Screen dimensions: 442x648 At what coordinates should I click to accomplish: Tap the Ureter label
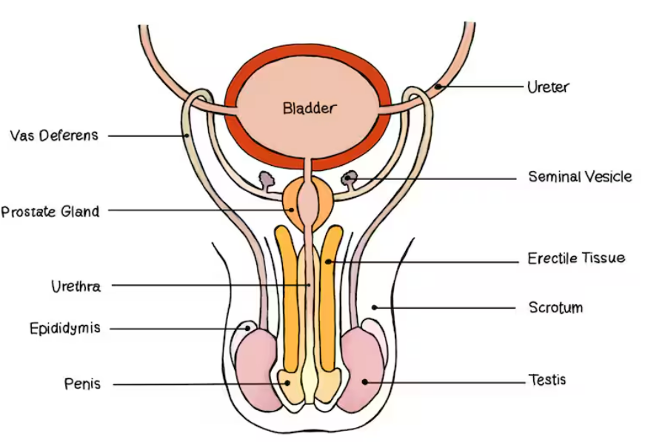click(x=548, y=87)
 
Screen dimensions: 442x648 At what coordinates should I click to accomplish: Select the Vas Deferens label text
click(x=54, y=135)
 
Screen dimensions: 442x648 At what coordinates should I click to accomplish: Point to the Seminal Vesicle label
click(x=580, y=177)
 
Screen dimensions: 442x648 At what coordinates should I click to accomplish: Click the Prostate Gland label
click(x=50, y=212)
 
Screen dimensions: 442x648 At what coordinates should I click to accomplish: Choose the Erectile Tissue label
click(x=576, y=258)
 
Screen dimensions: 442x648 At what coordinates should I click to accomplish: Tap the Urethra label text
click(x=76, y=287)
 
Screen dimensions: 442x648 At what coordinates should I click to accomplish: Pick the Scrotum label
click(x=555, y=307)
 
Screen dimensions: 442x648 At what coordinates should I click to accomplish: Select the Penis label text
click(x=82, y=384)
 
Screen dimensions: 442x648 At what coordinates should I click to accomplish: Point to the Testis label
click(x=548, y=380)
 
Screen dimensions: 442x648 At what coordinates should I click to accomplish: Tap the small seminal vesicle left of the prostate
click(x=264, y=179)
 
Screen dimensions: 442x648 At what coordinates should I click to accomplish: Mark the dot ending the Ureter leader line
click(x=439, y=87)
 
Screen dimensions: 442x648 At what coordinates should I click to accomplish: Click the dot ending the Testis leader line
click(x=364, y=382)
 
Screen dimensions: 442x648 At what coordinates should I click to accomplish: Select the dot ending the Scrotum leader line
click(x=375, y=307)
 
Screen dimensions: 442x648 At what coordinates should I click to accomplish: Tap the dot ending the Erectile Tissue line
click(x=327, y=261)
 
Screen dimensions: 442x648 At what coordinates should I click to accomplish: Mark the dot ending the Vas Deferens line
click(x=188, y=135)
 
